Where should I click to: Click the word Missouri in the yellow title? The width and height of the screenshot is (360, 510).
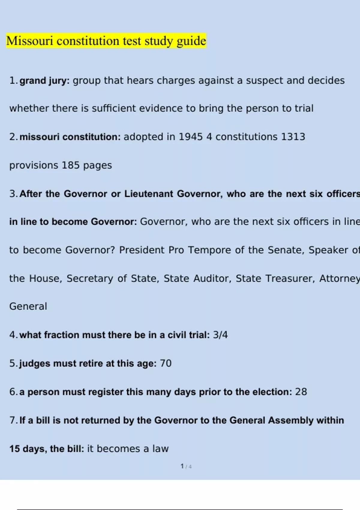pyautogui.click(x=29, y=41)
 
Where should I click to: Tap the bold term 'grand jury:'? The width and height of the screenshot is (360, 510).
pyautogui.click(x=44, y=81)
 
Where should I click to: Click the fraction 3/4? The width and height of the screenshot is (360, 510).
pyautogui.click(x=220, y=335)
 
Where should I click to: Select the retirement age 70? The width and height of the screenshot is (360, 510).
pyautogui.click(x=166, y=363)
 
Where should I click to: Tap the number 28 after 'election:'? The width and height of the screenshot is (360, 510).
pyautogui.click(x=301, y=392)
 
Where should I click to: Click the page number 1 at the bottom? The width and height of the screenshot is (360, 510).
pyautogui.click(x=182, y=466)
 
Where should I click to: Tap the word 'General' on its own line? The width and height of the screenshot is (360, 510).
pyautogui.click(x=28, y=306)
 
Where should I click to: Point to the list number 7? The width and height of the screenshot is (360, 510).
pyautogui.click(x=13, y=420)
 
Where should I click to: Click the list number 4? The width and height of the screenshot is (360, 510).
pyautogui.click(x=13, y=335)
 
